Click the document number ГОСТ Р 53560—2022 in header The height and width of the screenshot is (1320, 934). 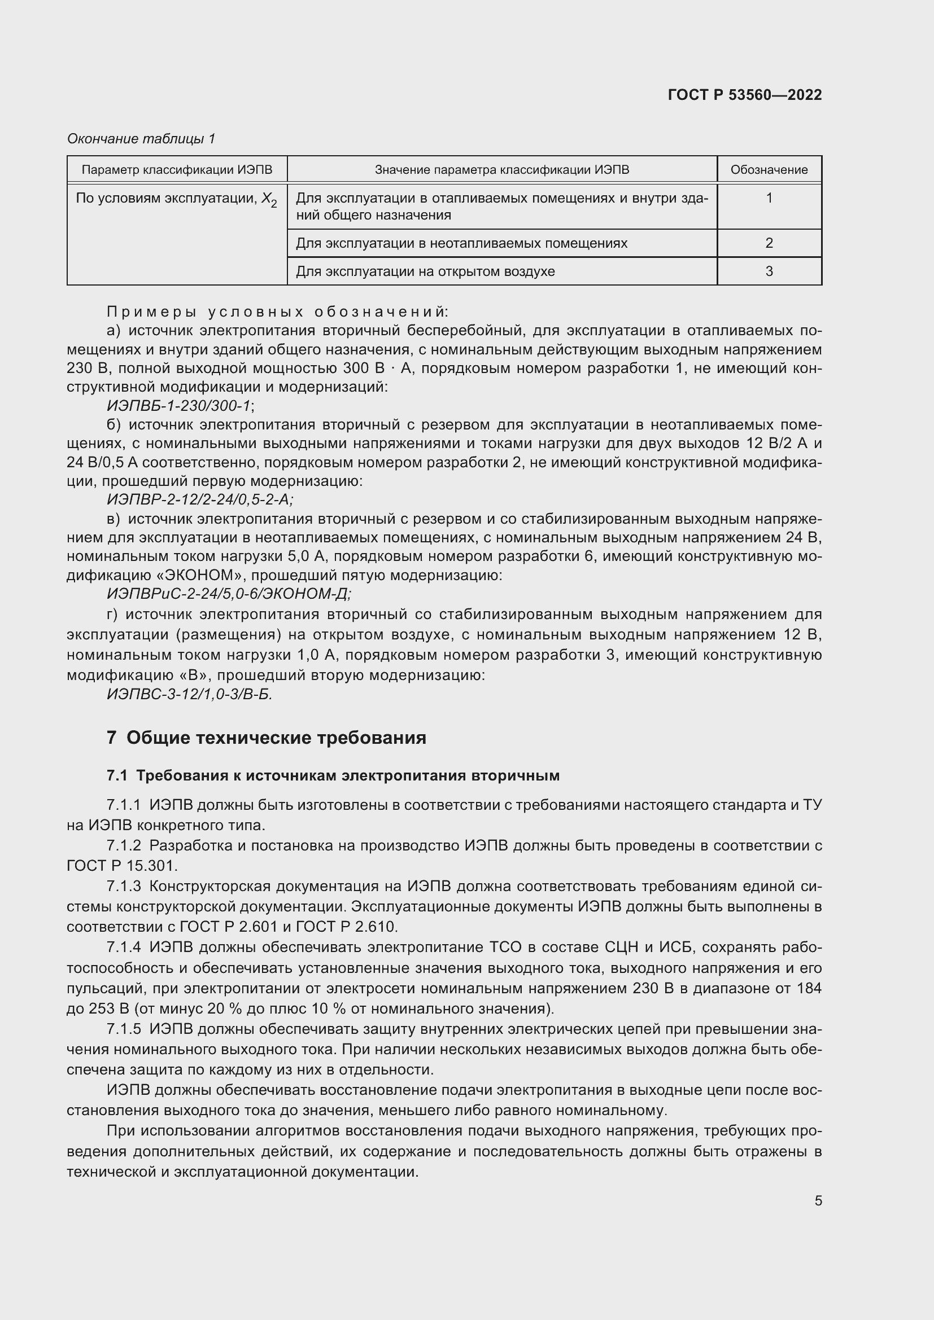pyautogui.click(x=745, y=95)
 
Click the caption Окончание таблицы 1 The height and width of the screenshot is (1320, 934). pyautogui.click(x=141, y=139)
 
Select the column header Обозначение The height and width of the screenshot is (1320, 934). pyautogui.click(x=769, y=170)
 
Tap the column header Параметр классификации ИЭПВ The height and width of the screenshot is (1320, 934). pyautogui.click(x=177, y=170)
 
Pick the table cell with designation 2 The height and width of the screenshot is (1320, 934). pyautogui.click(x=769, y=243)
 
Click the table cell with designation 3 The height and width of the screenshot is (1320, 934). pyautogui.click(x=769, y=271)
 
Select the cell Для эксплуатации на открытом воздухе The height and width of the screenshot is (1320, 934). pyautogui.click(x=425, y=271)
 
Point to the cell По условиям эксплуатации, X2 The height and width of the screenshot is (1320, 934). pyautogui.click(x=177, y=199)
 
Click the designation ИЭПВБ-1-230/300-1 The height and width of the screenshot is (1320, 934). pyautogui.click(x=180, y=406)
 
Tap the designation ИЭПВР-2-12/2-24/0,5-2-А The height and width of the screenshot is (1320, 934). pyautogui.click(x=200, y=499)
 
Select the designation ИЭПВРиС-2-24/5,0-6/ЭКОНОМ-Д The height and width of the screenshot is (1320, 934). pyautogui.click(x=229, y=593)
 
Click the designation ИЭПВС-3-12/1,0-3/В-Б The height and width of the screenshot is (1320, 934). pyautogui.click(x=189, y=695)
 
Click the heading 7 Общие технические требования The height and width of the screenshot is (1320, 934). pyautogui.click(x=267, y=738)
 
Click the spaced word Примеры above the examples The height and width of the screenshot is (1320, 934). pyautogui.click(x=152, y=312)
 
